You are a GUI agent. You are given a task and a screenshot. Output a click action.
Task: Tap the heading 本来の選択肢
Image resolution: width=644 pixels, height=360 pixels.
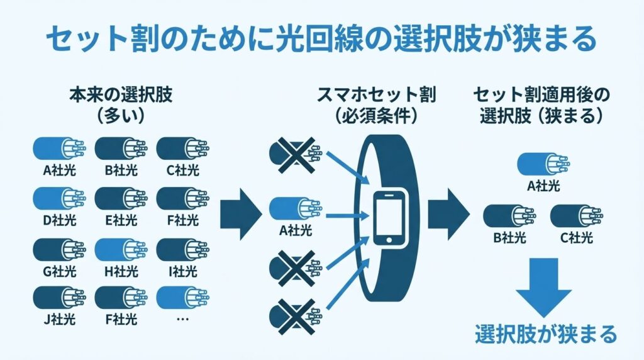pyautogui.click(x=119, y=96)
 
